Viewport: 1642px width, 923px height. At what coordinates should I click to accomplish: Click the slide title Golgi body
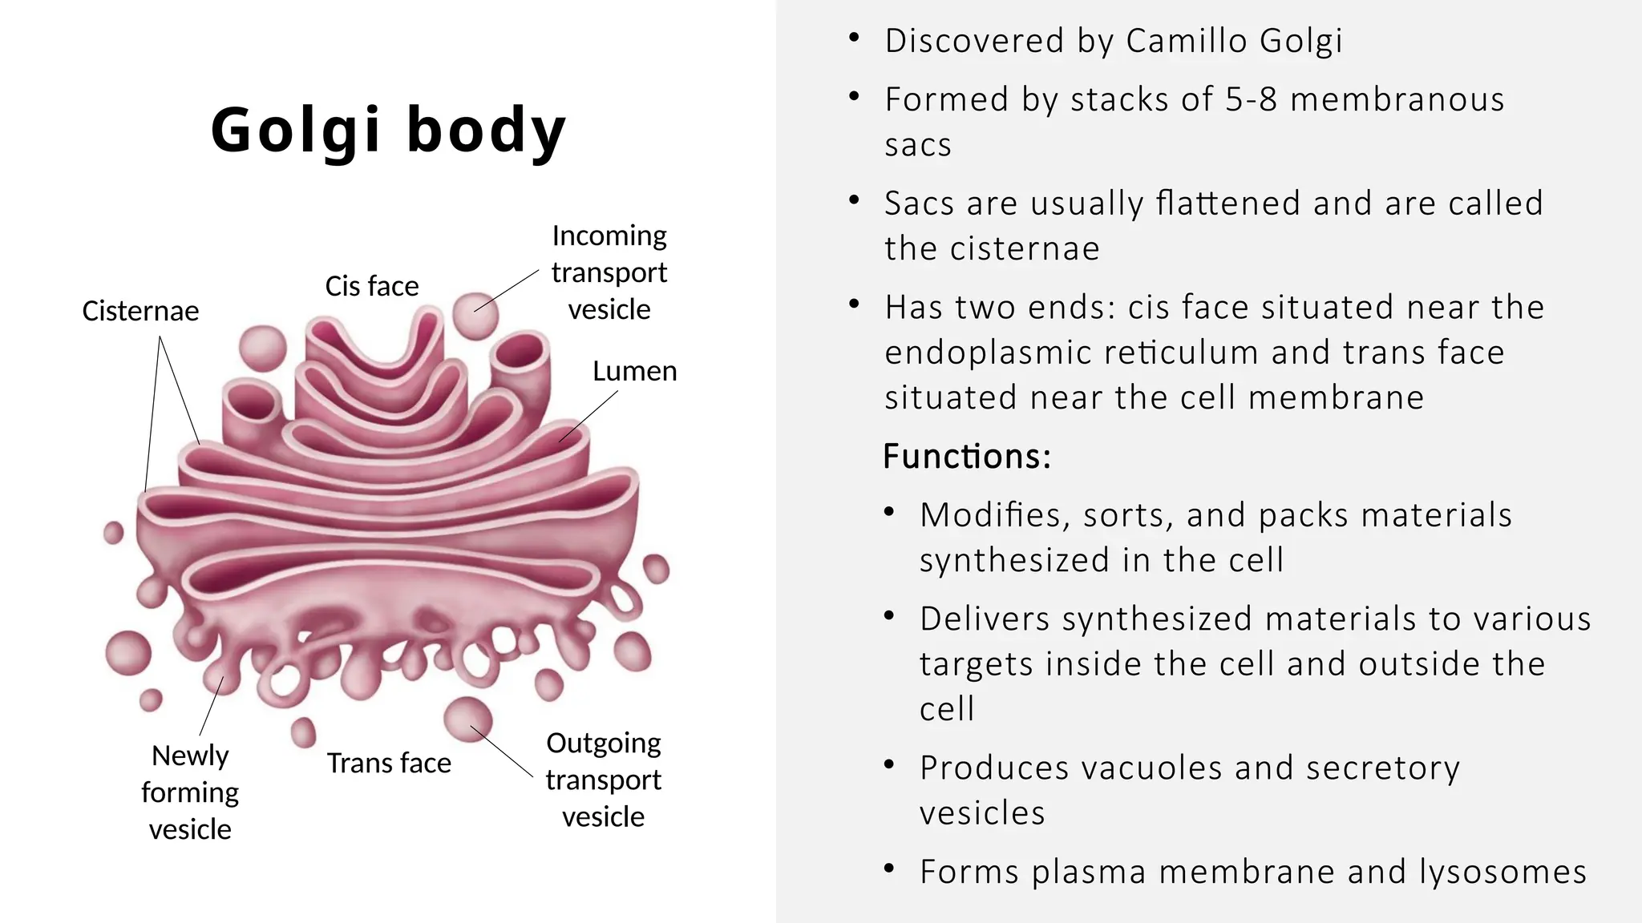point(388,129)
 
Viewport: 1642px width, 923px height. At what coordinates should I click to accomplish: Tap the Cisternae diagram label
point(140,311)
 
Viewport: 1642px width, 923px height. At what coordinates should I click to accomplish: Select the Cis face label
point(371,286)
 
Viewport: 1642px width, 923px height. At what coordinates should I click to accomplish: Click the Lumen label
point(634,371)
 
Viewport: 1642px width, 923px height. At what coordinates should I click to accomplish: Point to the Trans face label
point(389,763)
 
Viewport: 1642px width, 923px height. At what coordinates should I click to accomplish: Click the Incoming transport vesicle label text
point(609,272)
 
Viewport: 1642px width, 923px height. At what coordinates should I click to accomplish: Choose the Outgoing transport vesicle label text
point(603,780)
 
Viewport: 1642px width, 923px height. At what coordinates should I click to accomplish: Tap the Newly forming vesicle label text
point(190,792)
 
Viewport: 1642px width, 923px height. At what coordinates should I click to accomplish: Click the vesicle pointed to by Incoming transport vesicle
point(475,315)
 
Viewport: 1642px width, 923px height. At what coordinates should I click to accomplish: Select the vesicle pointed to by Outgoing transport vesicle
point(468,719)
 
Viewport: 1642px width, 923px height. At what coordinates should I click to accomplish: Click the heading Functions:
point(966,457)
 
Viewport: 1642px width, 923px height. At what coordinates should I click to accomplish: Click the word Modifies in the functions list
point(994,515)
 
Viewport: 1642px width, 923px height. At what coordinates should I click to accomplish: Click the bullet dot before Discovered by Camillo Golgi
point(854,38)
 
